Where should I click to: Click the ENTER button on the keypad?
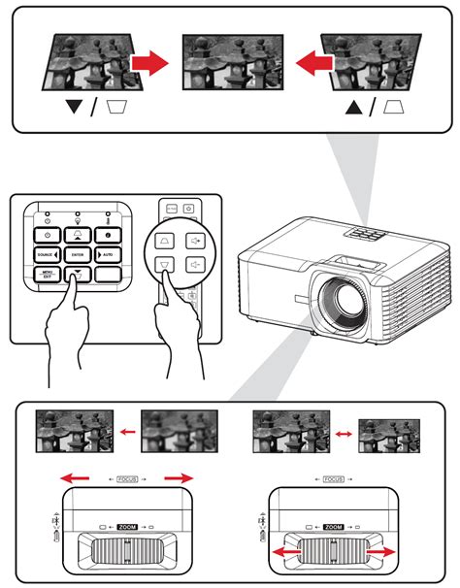[76, 253]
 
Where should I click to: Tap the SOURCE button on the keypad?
[47, 253]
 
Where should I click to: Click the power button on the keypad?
[47, 234]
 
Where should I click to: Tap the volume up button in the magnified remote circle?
[197, 237]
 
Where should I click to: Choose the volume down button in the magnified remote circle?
[197, 263]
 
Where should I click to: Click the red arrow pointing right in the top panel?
[148, 65]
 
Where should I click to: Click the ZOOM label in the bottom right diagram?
[333, 525]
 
